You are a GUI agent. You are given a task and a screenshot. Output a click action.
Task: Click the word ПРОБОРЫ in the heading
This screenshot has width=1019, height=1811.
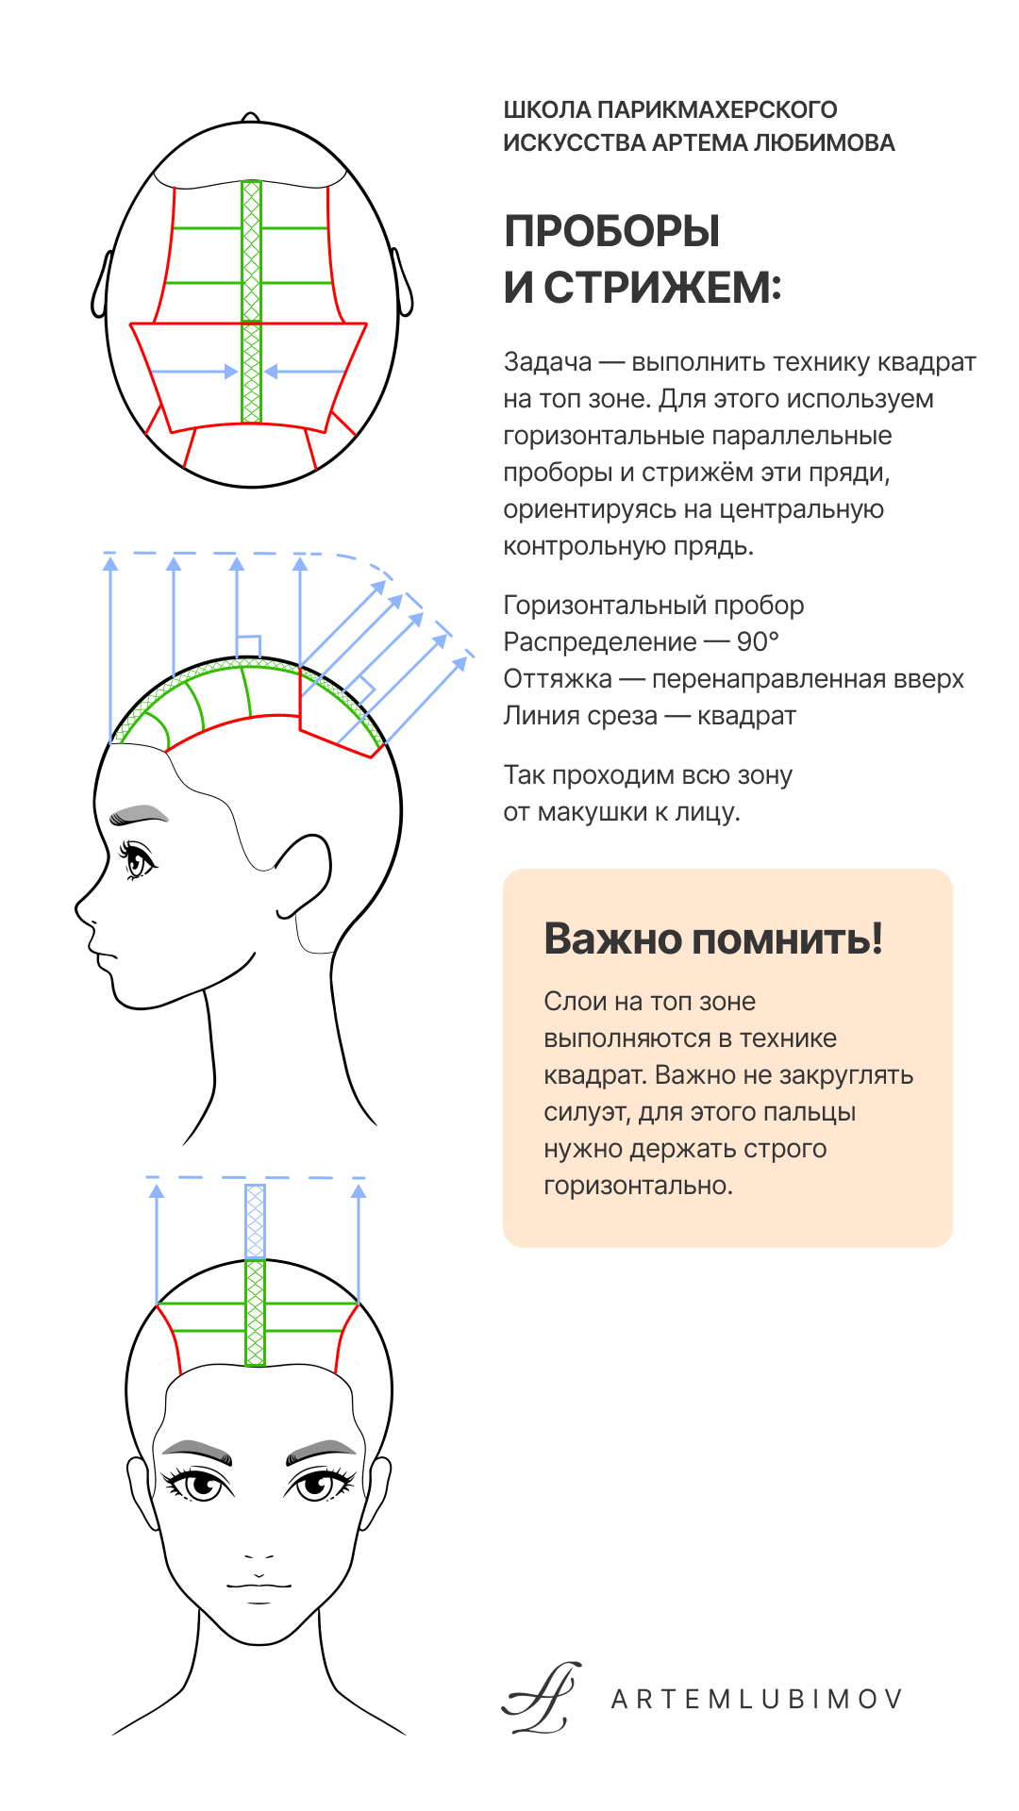(x=611, y=231)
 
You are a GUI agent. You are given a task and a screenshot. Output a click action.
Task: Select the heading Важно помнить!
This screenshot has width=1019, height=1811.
(x=713, y=939)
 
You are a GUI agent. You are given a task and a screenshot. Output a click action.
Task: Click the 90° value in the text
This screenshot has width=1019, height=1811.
(x=758, y=642)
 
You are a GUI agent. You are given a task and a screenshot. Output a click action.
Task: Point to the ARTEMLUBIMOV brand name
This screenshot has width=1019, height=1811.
(x=757, y=1700)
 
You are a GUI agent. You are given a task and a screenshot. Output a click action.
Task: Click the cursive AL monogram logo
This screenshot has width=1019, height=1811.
(x=542, y=1698)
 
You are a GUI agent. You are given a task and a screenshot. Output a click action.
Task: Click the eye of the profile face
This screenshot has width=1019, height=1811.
(x=138, y=859)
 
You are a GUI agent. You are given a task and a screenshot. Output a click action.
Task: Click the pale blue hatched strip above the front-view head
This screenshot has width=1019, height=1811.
(x=255, y=1221)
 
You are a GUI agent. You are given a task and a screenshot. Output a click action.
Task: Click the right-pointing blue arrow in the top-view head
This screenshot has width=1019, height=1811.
(x=194, y=372)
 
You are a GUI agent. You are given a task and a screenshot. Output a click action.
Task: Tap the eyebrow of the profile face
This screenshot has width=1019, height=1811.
(x=138, y=814)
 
